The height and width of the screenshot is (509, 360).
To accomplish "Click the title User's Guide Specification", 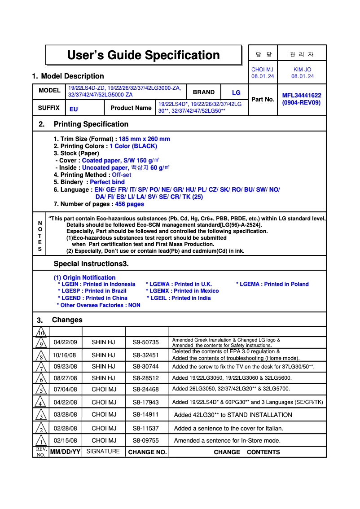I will click(x=143, y=55).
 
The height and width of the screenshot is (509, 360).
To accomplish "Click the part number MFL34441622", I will click(x=301, y=95).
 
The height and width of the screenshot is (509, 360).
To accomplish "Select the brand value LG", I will click(x=236, y=92).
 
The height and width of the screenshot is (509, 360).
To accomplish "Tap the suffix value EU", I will click(x=74, y=109).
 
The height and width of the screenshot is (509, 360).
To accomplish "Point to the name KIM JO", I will click(x=302, y=70).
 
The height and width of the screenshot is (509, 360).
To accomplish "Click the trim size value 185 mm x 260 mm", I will click(x=144, y=139).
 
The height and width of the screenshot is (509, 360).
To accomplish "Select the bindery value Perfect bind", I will click(x=107, y=182).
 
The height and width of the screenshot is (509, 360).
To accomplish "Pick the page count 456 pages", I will click(x=129, y=204).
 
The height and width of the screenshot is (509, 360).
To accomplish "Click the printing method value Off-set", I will click(x=122, y=175).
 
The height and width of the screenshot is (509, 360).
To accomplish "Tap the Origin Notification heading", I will click(x=84, y=277).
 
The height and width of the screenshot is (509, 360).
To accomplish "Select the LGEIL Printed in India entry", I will click(x=179, y=298).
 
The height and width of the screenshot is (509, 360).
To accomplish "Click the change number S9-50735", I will click(x=145, y=342).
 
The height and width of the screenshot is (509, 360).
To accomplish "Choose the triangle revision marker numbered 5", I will click(x=41, y=390).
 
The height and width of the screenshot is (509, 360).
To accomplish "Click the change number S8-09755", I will click(x=145, y=440).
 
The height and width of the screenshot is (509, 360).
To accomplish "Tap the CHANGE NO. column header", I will click(x=147, y=452).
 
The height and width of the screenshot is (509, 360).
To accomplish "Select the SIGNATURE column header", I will click(x=103, y=452).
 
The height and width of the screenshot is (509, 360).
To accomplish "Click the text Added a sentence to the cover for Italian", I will click(x=228, y=428).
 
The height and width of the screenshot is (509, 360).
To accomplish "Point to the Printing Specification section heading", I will click(x=91, y=124).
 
